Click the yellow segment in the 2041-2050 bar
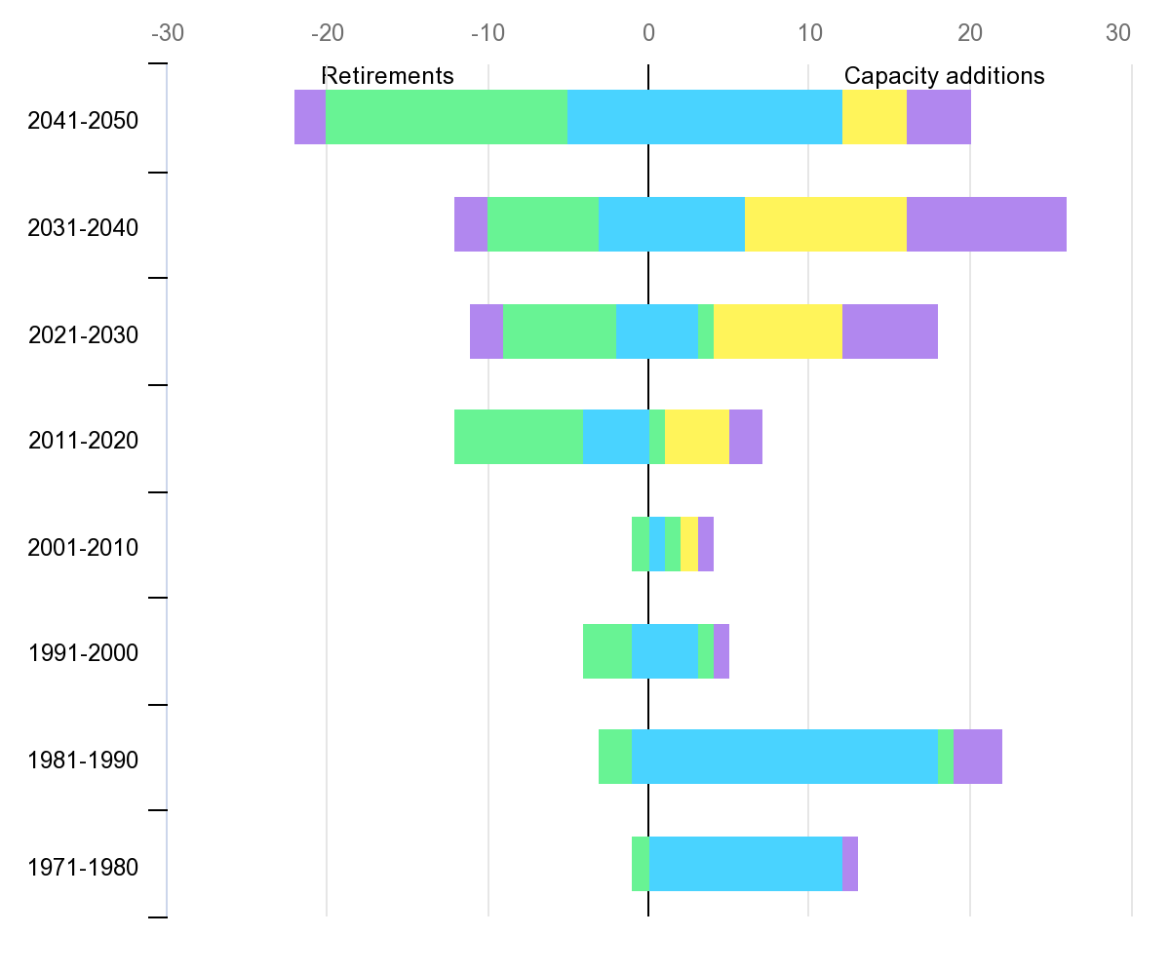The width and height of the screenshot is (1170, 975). pos(874,117)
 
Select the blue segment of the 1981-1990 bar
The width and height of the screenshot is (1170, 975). pos(784,757)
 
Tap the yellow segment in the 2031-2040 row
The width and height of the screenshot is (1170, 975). pos(825,224)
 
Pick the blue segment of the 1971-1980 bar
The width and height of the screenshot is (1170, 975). pos(745,863)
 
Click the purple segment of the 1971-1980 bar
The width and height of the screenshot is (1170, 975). pos(850,863)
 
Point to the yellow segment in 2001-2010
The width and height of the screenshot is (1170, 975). pos(688,544)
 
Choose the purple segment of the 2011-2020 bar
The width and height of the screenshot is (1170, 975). pos(745,437)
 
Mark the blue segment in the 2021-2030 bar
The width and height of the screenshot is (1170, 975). pos(656,331)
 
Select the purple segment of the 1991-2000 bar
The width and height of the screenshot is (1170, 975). pos(721,650)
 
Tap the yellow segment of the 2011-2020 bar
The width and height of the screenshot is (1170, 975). pos(696,437)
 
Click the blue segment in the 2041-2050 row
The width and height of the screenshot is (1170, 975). pos(704,117)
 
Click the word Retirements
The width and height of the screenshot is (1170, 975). pos(388,76)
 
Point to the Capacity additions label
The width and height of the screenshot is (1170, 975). pos(944,76)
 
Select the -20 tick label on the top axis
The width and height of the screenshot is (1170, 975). pos(327,33)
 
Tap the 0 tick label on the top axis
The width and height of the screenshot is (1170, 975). pos(648,33)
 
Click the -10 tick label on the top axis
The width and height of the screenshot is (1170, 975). pos(487,33)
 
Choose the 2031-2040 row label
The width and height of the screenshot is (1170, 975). pos(83,228)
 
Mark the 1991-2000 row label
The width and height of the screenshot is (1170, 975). pos(83,653)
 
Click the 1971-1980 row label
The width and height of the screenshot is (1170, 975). pos(83,867)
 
